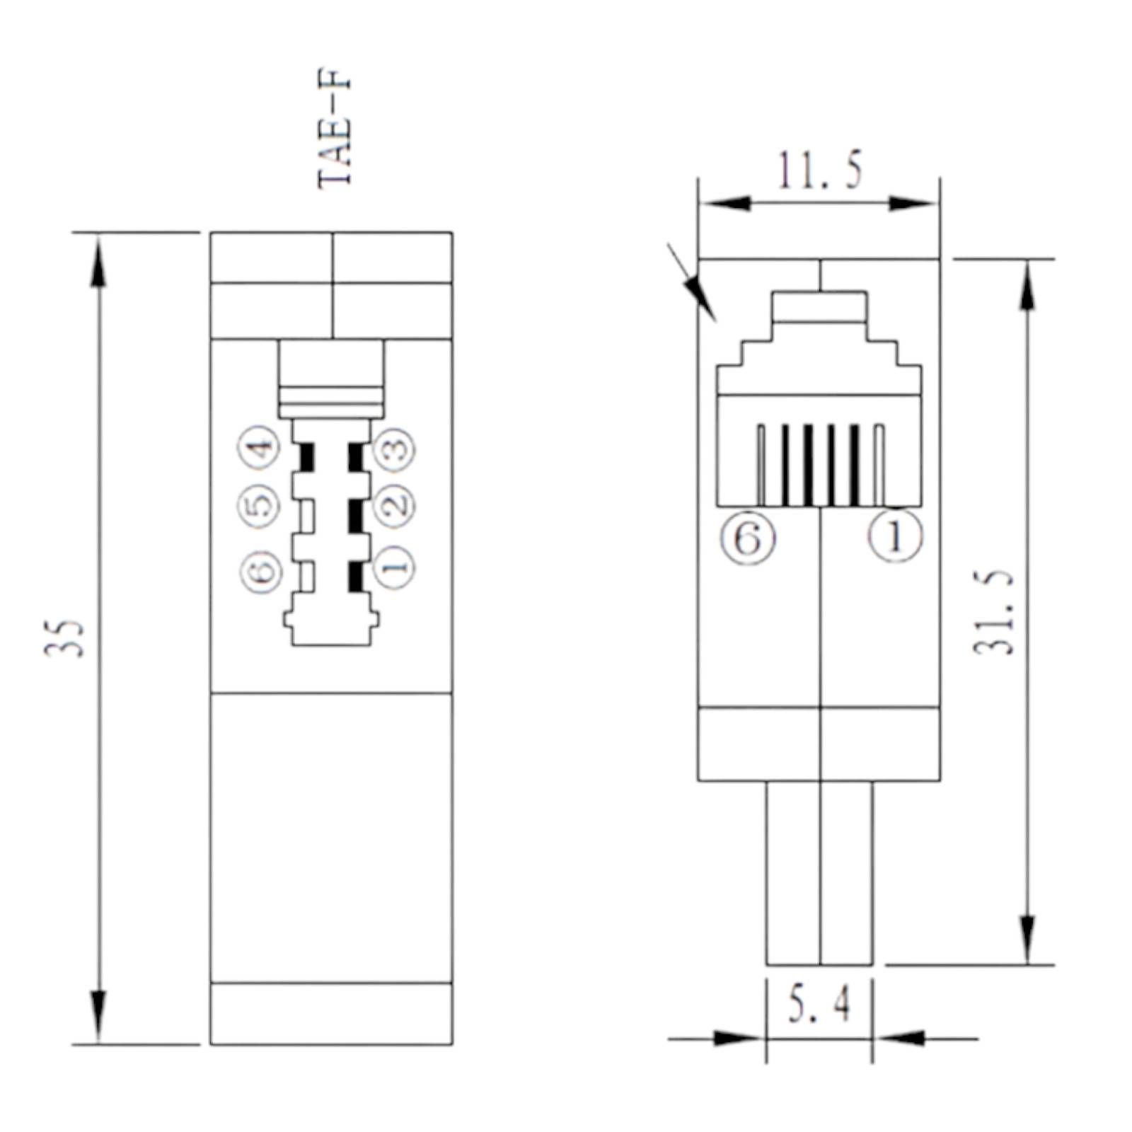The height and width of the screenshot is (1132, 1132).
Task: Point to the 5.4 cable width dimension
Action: [820, 1005]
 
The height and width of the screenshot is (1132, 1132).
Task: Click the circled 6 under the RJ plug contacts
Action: [748, 539]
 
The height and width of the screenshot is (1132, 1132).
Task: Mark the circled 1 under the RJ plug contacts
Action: [895, 537]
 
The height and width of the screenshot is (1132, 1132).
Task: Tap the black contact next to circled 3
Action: [355, 457]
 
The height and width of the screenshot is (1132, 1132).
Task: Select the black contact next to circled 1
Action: [355, 577]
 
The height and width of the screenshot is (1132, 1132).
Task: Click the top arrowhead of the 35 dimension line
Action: [98, 262]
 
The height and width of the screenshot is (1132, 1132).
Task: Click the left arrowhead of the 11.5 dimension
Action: [725, 204]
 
